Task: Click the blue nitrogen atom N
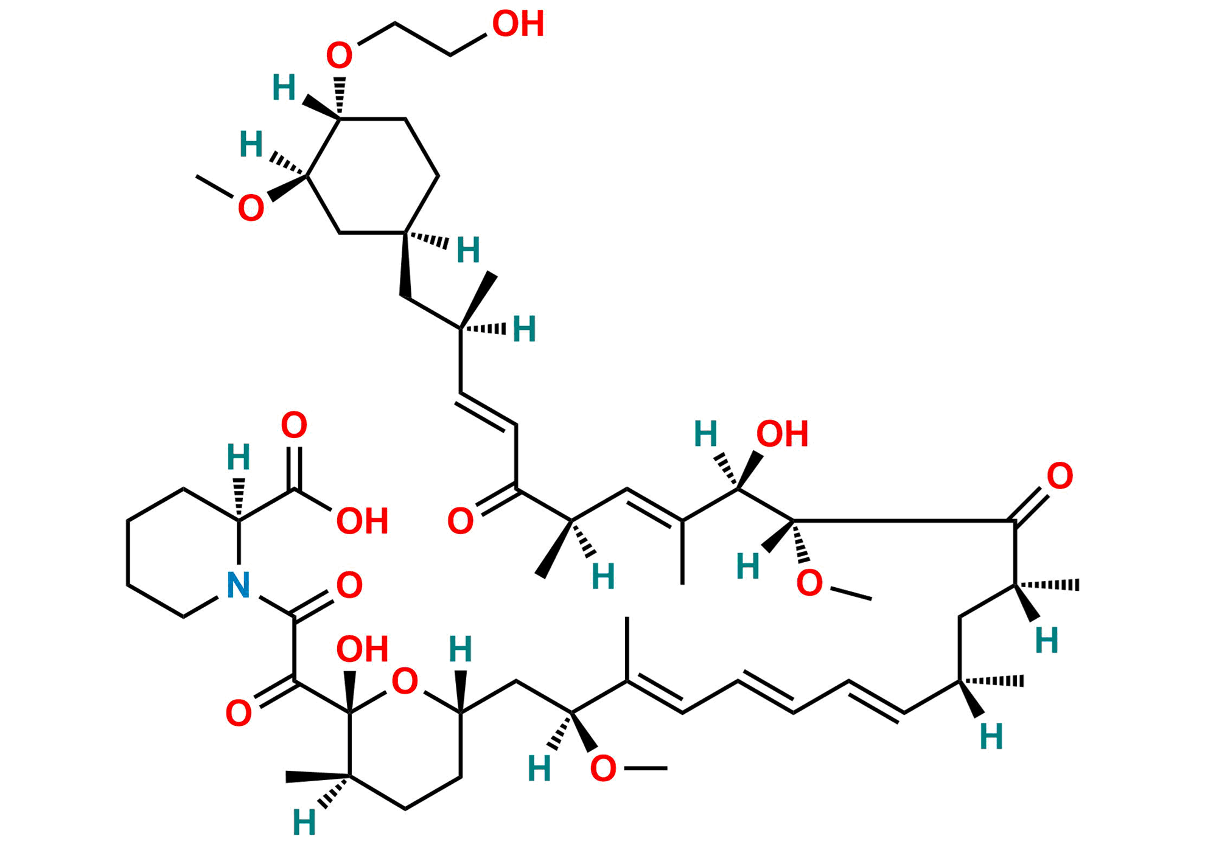[x=238, y=585]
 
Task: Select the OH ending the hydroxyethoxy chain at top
[x=518, y=24]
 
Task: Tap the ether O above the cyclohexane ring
[x=339, y=55]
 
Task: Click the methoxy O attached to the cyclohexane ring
[x=251, y=208]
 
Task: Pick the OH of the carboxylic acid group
[x=362, y=521]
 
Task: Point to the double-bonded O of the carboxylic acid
[x=294, y=425]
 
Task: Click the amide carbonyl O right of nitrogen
[x=349, y=585]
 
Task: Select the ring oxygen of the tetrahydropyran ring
[x=405, y=681]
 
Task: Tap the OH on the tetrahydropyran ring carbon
[x=362, y=649]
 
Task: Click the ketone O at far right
[x=1060, y=476]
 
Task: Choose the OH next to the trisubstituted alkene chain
[x=782, y=434]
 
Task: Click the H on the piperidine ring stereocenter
[x=238, y=457]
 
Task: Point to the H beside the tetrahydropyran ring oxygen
[x=460, y=649]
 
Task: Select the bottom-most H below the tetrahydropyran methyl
[x=304, y=823]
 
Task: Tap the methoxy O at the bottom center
[x=603, y=768]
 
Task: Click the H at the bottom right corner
[x=991, y=737]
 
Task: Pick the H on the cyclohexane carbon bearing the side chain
[x=468, y=251]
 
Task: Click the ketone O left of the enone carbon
[x=460, y=521]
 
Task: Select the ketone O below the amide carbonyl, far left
[x=238, y=713]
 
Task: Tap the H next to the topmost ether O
[x=284, y=88]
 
